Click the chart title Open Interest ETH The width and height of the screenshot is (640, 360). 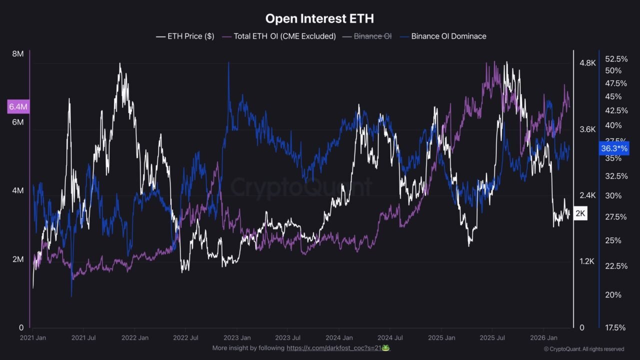click(319, 19)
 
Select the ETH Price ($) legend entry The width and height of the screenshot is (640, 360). click(185, 36)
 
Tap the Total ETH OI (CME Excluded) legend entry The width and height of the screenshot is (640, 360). click(279, 36)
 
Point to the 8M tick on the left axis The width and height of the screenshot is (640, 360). click(17, 54)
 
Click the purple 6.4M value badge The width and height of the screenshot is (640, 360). click(18, 106)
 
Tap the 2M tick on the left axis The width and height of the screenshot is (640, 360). click(17, 259)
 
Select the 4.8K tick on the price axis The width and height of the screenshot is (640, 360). click(587, 63)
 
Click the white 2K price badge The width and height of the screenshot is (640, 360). click(580, 213)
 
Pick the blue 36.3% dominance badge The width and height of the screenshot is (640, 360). click(614, 148)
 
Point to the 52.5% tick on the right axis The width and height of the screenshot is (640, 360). click(616, 58)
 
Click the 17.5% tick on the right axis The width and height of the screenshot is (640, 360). click(615, 327)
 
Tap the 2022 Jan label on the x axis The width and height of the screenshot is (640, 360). click(135, 338)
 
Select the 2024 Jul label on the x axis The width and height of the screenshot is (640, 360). click(390, 338)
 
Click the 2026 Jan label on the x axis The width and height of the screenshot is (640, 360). click(543, 338)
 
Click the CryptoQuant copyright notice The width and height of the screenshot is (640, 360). click(583, 349)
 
